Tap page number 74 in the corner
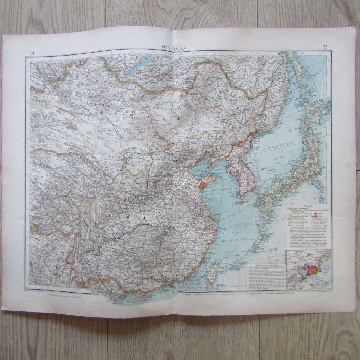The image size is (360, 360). click(32, 53)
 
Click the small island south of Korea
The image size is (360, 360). click(241, 202)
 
